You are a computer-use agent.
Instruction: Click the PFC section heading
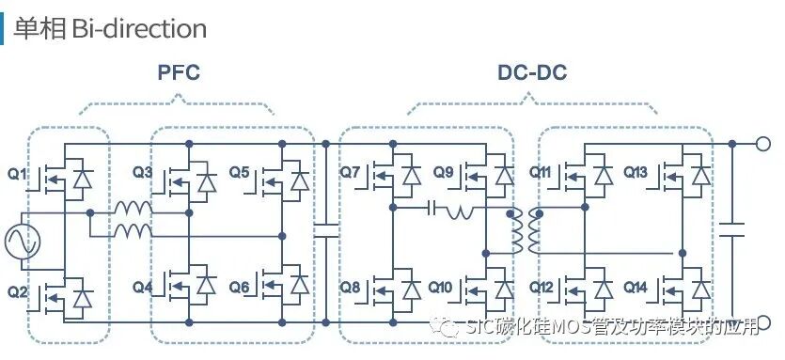point(179,72)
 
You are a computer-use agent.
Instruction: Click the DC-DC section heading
point(532,72)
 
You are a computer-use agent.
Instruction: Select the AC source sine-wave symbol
point(21,243)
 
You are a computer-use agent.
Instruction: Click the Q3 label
point(143,172)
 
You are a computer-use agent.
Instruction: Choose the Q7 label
point(350,172)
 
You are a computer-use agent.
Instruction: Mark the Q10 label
point(442,287)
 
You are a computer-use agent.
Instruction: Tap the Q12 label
point(541,287)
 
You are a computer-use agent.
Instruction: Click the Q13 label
point(636,172)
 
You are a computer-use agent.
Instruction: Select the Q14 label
point(636,287)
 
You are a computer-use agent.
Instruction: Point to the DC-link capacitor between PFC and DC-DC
point(325,230)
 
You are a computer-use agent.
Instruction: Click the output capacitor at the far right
point(733,230)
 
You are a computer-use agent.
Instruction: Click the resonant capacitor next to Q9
point(433,207)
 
